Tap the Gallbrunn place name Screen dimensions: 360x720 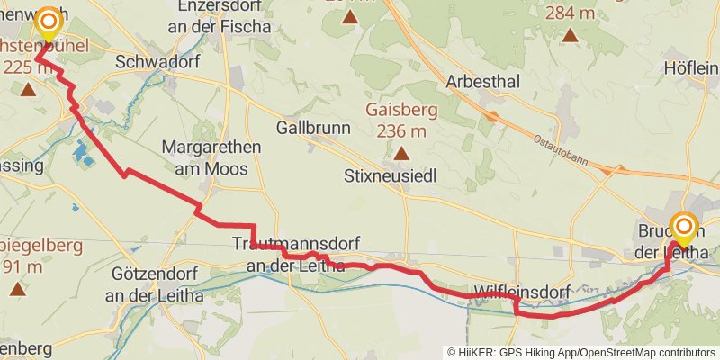tap(313, 128)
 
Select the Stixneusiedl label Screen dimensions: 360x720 tap(390, 177)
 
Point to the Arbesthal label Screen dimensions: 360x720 tap(483, 82)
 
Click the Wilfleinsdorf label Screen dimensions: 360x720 tap(514, 292)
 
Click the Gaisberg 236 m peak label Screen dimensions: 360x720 tap(400, 120)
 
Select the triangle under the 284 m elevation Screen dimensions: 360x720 tap(570, 36)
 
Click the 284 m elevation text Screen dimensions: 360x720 tap(570, 12)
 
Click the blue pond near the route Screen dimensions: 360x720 tap(82, 155)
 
